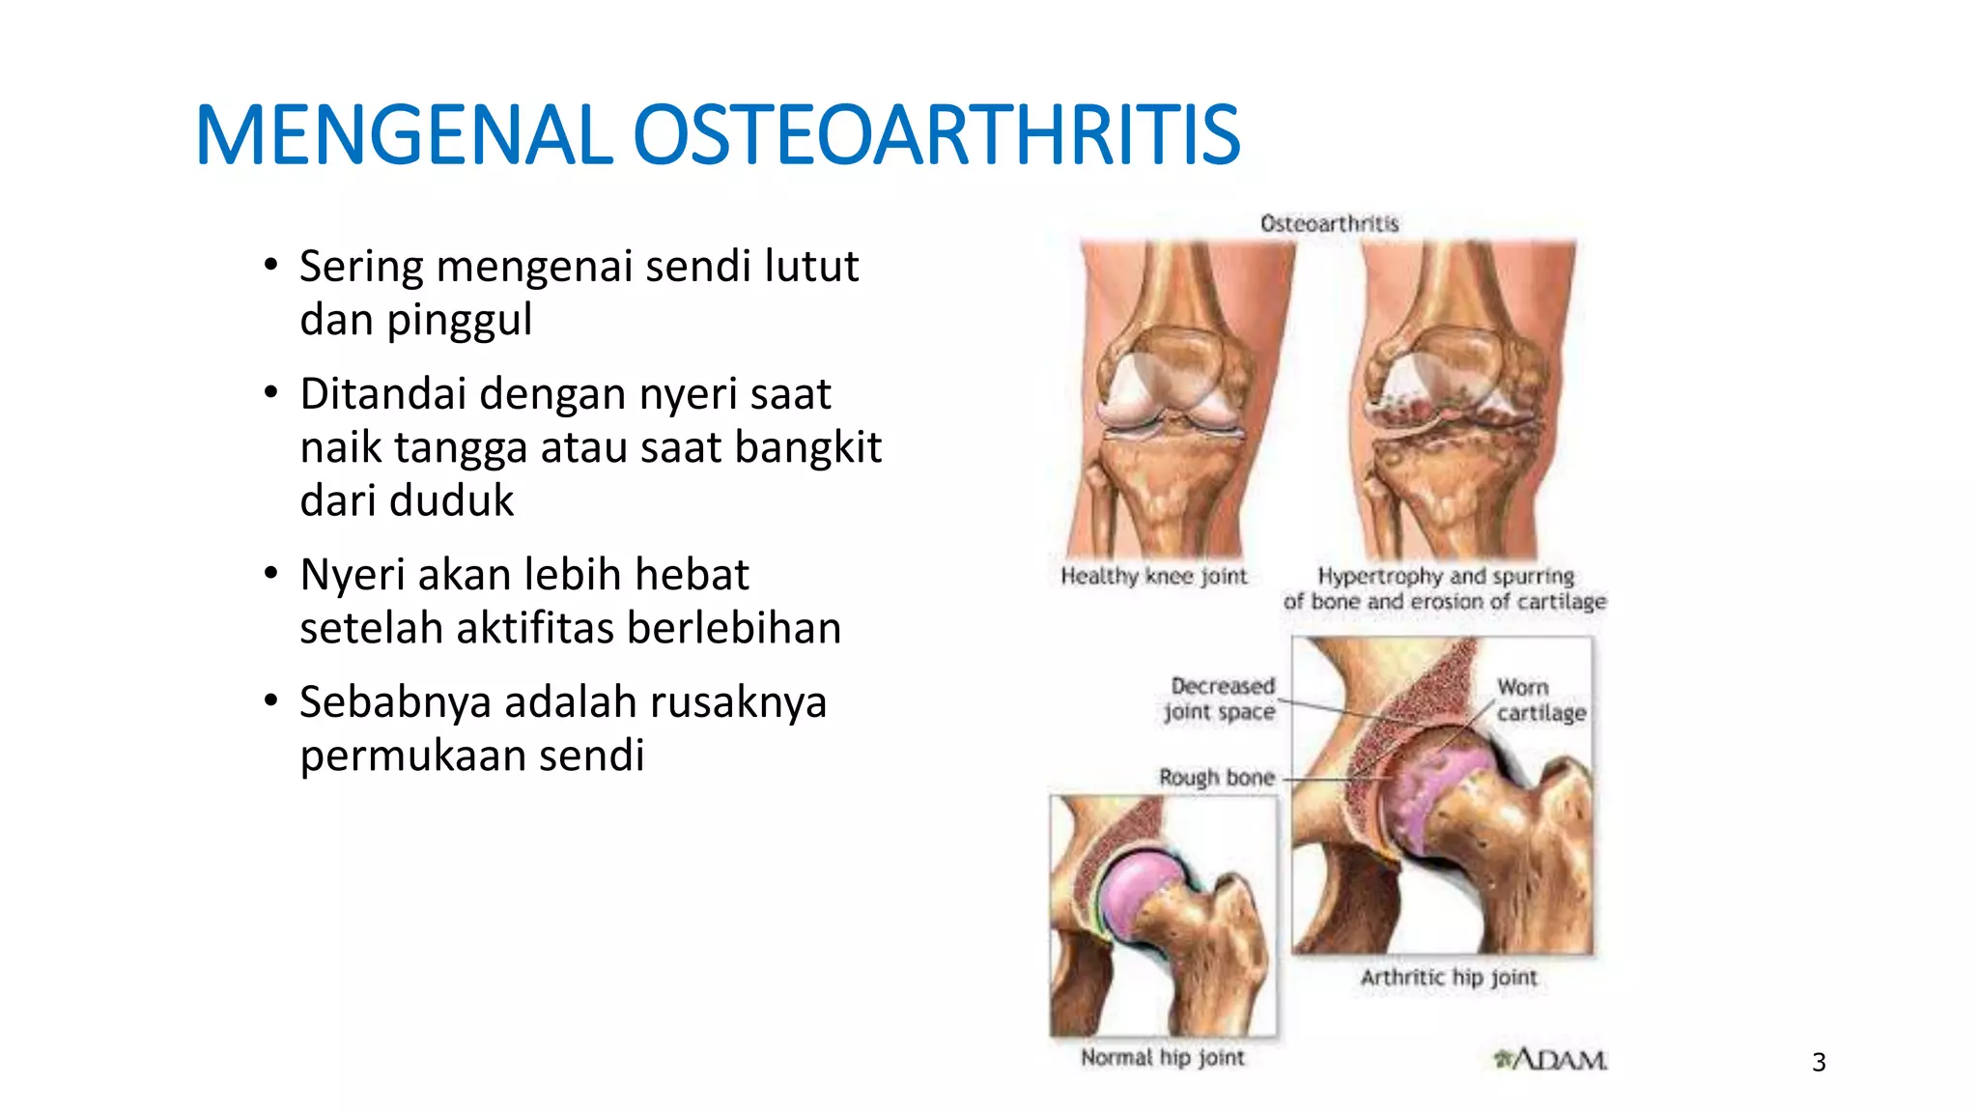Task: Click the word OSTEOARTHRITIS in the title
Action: (935, 135)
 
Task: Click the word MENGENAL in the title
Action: (404, 135)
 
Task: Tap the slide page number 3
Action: (1819, 1063)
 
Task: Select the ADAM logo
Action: (1551, 1060)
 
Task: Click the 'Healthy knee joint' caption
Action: (1154, 577)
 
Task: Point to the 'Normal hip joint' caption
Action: (1163, 1058)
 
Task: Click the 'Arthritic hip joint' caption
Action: (1449, 978)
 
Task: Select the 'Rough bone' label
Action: (1217, 778)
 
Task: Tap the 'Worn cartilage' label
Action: (1540, 700)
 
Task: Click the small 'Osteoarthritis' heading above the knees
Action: (1329, 224)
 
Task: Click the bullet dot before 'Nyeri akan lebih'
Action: (271, 574)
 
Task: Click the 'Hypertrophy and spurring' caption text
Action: (1446, 577)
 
